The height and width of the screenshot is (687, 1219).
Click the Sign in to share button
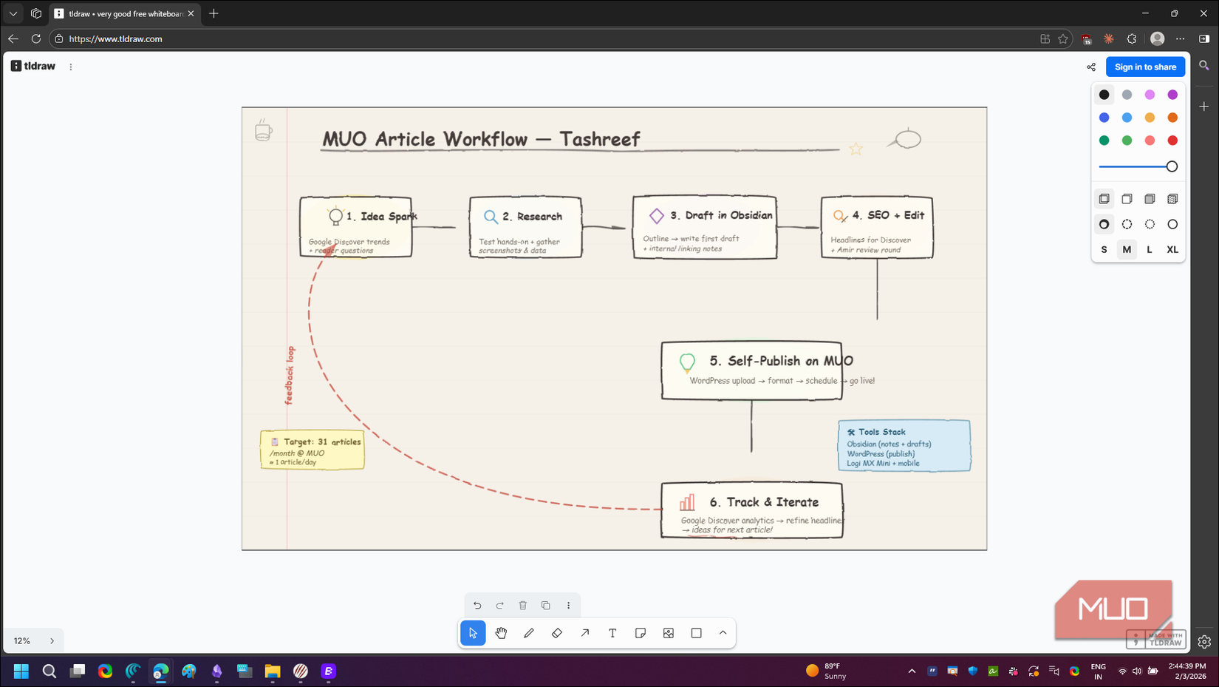tap(1145, 67)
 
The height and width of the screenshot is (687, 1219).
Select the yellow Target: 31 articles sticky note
tap(313, 450)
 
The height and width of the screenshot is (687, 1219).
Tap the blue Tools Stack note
tap(904, 446)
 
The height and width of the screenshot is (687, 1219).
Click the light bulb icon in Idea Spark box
tap(335, 216)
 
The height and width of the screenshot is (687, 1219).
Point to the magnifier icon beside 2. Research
tap(491, 217)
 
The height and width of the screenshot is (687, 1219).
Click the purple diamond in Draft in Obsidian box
tap(656, 216)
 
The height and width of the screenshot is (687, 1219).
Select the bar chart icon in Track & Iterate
tap(687, 503)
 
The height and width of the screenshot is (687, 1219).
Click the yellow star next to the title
tap(856, 149)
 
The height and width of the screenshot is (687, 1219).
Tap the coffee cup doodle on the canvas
tap(263, 131)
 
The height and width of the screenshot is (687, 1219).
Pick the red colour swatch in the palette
tap(1172, 141)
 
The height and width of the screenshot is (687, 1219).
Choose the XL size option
tap(1172, 250)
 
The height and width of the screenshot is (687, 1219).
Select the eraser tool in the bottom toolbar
tap(557, 633)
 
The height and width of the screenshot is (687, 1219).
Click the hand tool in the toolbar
tap(501, 633)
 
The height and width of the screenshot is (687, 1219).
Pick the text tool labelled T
tap(612, 633)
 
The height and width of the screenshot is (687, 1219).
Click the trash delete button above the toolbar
tap(523, 606)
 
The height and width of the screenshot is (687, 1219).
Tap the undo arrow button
tap(477, 606)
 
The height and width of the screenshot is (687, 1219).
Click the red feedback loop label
tap(290, 375)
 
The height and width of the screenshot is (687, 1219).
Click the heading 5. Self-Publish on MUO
tap(781, 361)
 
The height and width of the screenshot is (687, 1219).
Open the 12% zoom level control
tap(22, 641)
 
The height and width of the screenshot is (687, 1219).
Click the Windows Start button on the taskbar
tap(21, 671)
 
